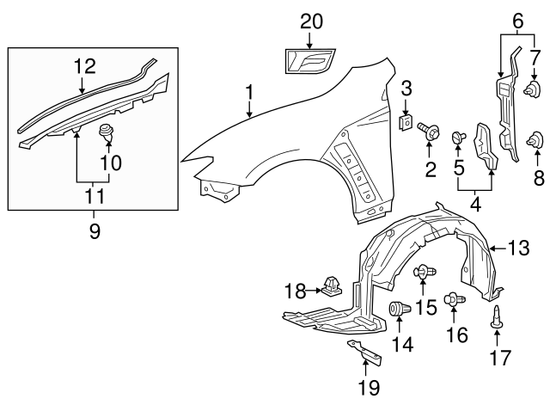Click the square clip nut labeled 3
(406, 116)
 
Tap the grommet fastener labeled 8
(538, 138)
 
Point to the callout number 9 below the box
(94, 230)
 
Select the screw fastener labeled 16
(453, 300)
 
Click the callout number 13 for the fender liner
(518, 249)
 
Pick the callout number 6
(517, 17)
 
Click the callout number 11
(94, 196)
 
